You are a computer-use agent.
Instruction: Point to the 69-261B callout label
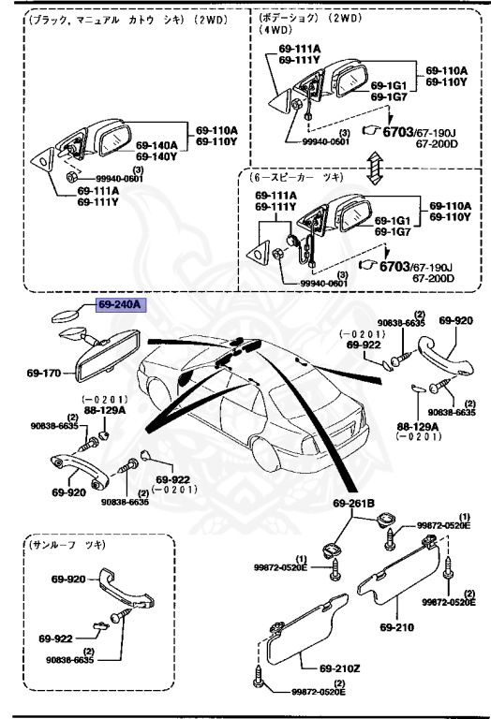click(353, 505)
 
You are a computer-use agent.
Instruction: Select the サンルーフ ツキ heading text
click(67, 545)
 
